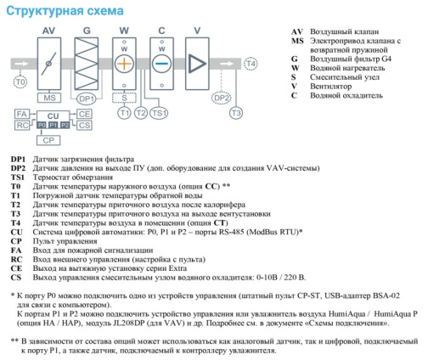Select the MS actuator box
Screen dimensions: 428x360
49,98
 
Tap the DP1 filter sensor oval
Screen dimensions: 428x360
87,98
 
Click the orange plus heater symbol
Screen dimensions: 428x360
124,64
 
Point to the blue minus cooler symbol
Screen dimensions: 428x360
161,64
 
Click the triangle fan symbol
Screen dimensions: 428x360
198,64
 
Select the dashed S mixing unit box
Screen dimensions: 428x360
124,98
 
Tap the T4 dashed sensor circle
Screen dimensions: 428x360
251,64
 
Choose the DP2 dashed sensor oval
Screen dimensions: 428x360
222,98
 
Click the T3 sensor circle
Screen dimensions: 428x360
236,113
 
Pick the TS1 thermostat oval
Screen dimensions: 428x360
159,113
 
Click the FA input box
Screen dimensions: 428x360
22,114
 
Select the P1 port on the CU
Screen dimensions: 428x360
53,125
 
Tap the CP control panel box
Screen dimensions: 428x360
48,140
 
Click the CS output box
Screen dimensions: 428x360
84,125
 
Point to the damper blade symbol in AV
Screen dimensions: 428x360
48,64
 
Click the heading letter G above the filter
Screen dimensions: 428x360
87,31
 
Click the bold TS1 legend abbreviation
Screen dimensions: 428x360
18,177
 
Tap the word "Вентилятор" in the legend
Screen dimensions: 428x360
331,86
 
